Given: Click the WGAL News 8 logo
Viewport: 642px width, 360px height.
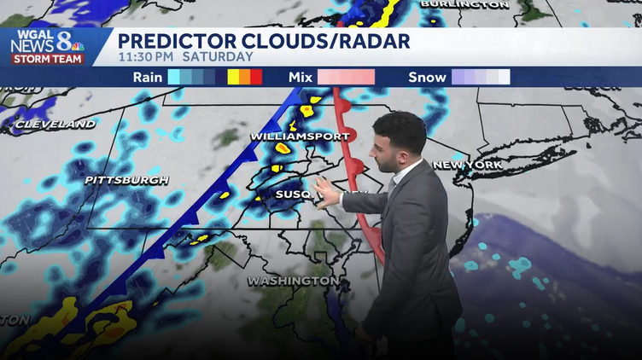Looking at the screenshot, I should click(47, 46).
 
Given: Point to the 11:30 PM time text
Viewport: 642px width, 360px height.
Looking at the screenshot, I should click(146, 57).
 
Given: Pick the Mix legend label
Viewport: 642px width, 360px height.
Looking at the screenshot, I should click(301, 77).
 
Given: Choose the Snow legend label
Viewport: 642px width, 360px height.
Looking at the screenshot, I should click(427, 77).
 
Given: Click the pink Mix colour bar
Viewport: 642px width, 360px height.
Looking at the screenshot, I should click(346, 77).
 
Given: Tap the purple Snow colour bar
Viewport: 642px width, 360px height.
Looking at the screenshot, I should click(481, 77).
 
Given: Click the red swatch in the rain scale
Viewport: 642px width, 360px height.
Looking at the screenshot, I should click(256, 77).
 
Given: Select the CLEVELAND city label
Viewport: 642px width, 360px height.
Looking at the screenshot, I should click(55, 125).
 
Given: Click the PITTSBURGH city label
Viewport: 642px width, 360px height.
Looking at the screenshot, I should click(126, 180).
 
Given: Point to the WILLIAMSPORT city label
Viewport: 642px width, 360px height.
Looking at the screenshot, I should click(300, 136).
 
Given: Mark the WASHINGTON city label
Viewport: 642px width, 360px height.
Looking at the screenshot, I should click(292, 281).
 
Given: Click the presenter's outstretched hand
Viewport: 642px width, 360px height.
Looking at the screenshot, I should click(327, 193).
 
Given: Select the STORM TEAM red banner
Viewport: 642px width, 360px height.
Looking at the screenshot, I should click(47, 59).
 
